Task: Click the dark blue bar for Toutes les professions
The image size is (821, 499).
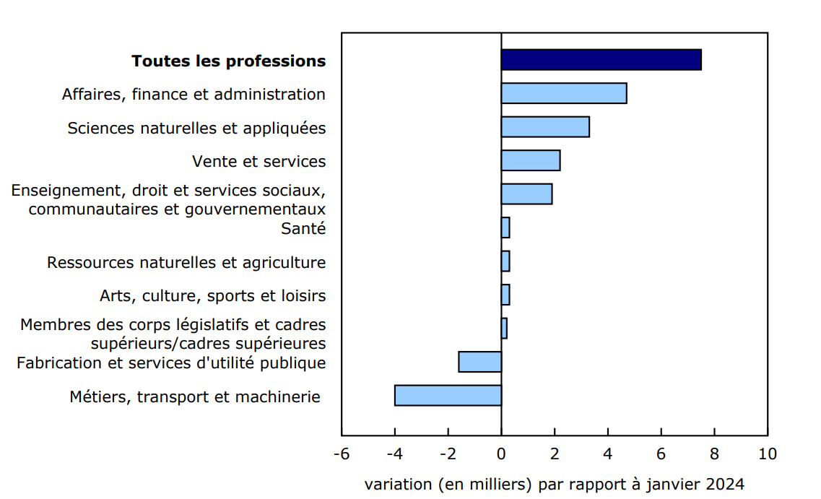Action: click(x=601, y=60)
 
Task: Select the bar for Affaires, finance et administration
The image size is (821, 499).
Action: click(x=563, y=93)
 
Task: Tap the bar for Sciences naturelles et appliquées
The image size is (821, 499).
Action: click(x=545, y=127)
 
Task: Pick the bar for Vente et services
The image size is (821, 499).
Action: click(x=530, y=160)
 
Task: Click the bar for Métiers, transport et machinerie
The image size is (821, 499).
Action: click(x=448, y=396)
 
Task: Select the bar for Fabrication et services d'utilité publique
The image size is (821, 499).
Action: click(x=479, y=362)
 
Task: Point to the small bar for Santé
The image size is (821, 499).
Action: click(x=505, y=227)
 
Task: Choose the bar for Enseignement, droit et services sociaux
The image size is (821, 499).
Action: click(x=526, y=194)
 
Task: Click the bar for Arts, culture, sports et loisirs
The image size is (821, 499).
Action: click(x=505, y=295)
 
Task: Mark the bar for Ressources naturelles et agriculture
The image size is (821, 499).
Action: click(x=505, y=261)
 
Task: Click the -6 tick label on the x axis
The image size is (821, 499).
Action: click(x=341, y=454)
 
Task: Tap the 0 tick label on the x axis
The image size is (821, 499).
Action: click(x=501, y=454)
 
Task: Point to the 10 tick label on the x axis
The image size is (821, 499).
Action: click(x=767, y=454)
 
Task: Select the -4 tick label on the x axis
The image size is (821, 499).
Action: click(x=394, y=454)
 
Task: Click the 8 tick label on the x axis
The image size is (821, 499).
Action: click(x=714, y=454)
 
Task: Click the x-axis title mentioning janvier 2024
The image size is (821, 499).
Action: click(x=554, y=484)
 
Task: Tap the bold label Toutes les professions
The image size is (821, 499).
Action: click(x=228, y=61)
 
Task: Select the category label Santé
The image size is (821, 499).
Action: click(x=303, y=229)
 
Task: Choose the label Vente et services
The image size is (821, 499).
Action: click(x=259, y=162)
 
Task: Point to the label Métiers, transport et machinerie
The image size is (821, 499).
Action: click(x=195, y=397)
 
